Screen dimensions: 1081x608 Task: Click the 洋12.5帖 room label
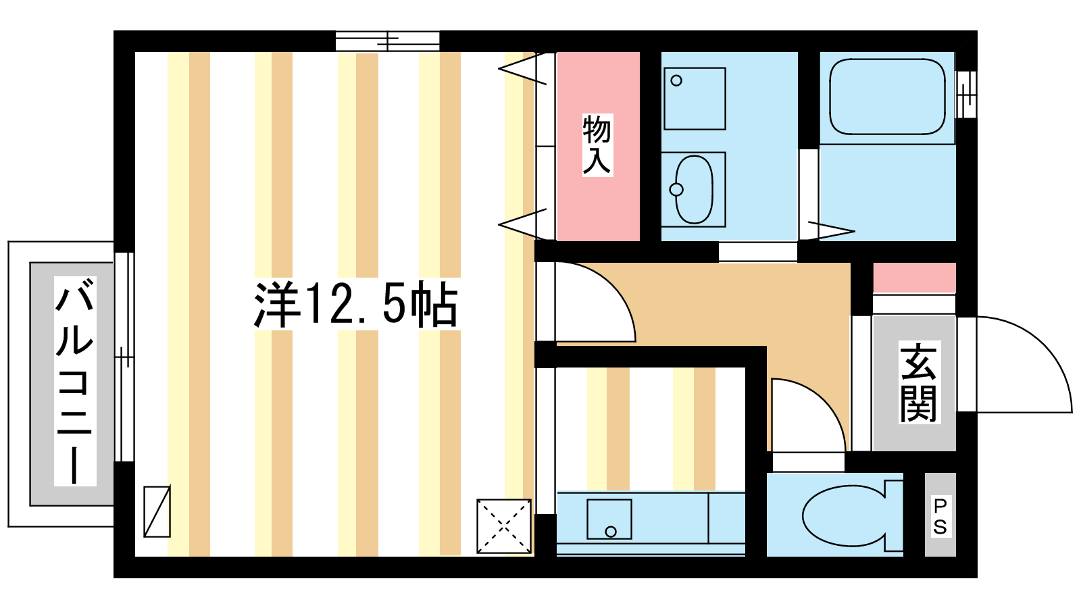pos(355,305)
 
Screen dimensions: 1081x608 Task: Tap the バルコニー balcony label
pos(75,381)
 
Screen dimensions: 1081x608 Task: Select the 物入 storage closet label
pos(597,145)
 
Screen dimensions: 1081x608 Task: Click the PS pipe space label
pos(940,517)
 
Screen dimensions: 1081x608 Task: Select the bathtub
pos(887,97)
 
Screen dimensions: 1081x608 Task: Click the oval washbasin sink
pos(694,190)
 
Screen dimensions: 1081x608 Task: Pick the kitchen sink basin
pos(609,520)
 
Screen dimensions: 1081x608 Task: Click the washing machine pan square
pos(695,99)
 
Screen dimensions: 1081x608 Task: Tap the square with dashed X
pos(504,526)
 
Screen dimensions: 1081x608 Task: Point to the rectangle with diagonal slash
pos(157,511)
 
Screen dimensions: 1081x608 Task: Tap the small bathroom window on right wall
pos(965,95)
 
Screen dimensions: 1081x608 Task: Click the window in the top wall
pos(388,41)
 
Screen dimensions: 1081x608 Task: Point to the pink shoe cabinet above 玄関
pos(915,278)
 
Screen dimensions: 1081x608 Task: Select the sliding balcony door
pos(124,357)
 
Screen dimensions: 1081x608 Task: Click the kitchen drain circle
pos(611,532)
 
